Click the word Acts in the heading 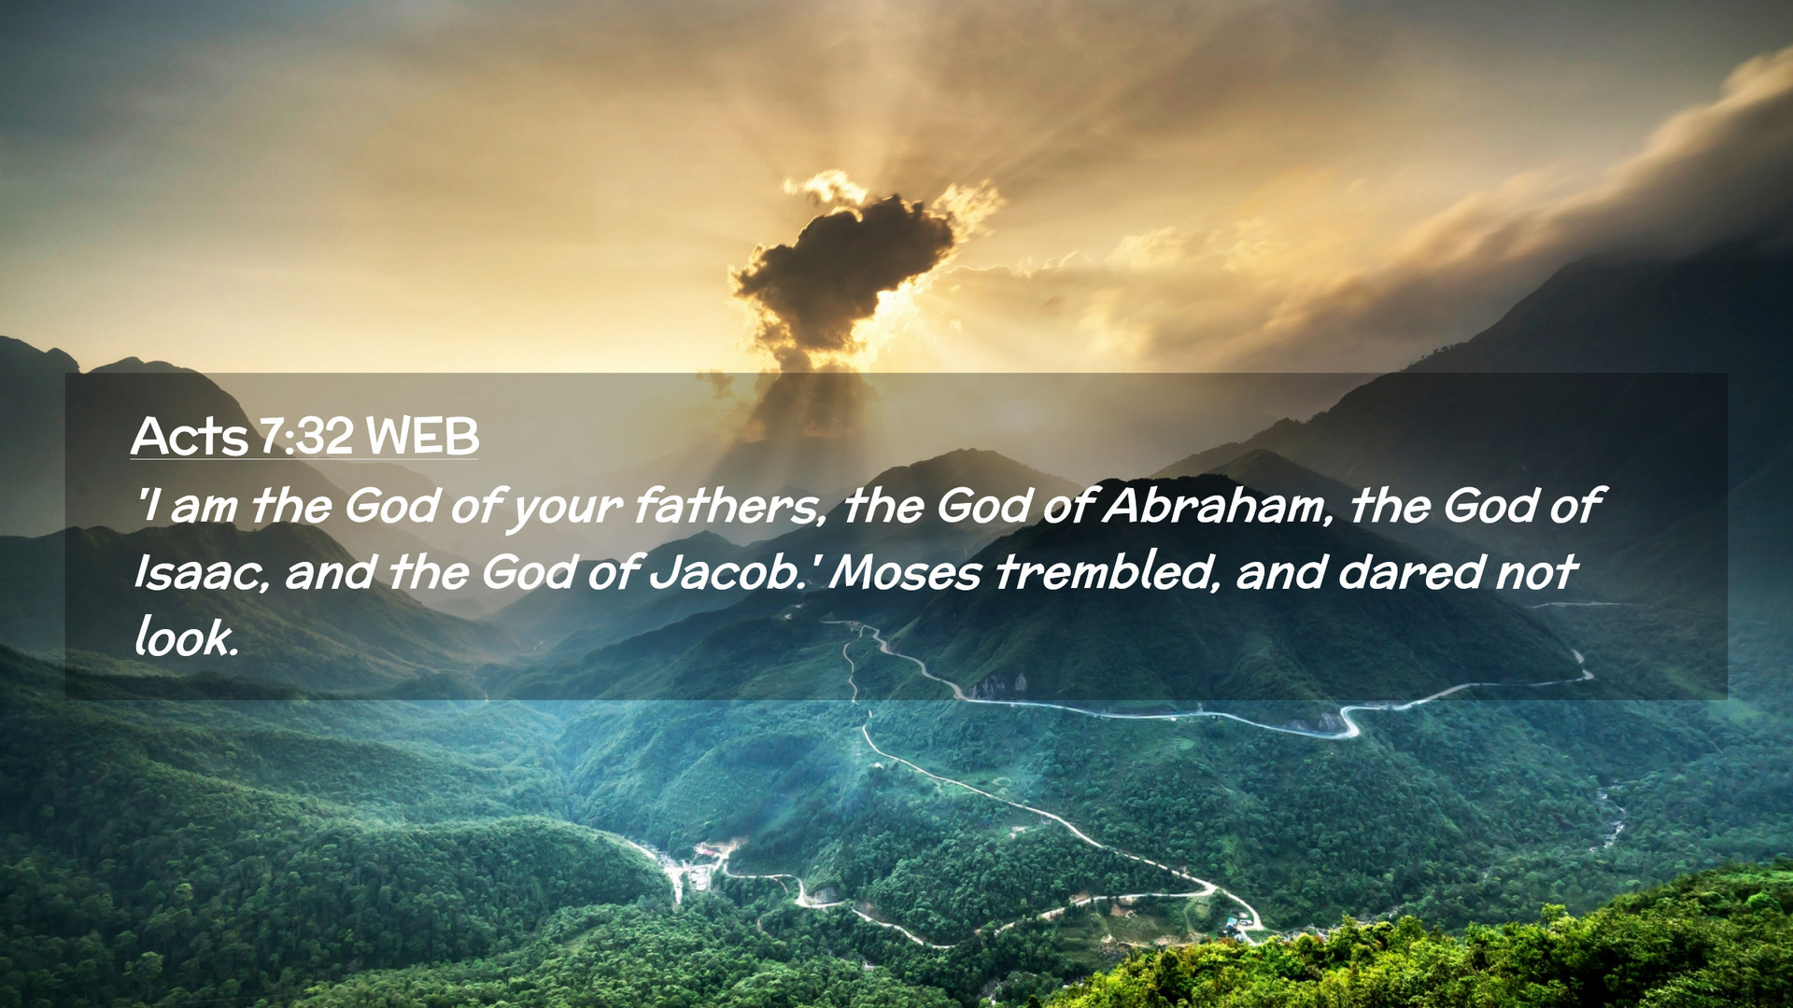tap(191, 436)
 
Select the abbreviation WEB tap(422, 436)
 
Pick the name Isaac tap(202, 571)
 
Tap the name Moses tap(904, 571)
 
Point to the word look tap(187, 637)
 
